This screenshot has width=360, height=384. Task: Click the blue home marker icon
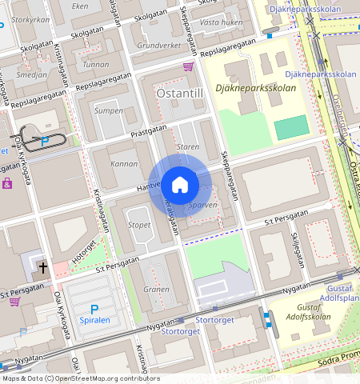[180, 185]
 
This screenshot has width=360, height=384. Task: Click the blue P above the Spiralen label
[94, 309]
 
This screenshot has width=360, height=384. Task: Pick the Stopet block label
[138, 225]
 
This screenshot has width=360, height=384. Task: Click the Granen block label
[156, 289]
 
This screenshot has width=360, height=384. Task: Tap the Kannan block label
[125, 163]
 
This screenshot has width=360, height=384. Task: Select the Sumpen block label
[109, 110]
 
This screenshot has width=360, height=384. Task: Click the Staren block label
[187, 147]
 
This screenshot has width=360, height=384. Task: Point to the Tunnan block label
[96, 64]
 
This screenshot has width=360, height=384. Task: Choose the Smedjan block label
[32, 74]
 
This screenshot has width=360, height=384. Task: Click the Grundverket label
[159, 46]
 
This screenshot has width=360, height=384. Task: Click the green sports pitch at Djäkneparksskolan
[291, 126]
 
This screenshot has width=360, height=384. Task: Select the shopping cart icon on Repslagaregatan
[188, 66]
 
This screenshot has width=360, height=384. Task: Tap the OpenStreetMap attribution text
[80, 378]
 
